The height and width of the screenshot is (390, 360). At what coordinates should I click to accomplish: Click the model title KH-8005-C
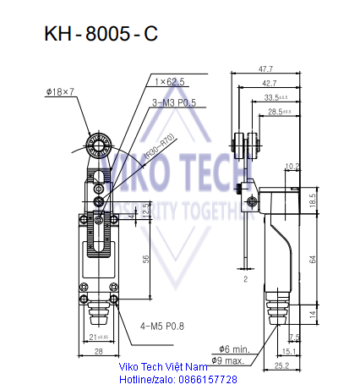[100, 36]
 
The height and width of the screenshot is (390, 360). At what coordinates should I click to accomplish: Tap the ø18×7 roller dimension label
[61, 91]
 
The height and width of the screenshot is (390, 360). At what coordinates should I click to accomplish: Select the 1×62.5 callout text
[170, 81]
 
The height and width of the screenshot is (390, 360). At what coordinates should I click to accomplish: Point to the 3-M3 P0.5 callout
[174, 102]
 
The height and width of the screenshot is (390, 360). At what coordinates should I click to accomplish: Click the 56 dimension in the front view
[146, 260]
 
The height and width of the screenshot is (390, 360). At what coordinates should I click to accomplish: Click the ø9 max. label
[231, 360]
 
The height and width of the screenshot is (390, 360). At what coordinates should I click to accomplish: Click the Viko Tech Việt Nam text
[163, 368]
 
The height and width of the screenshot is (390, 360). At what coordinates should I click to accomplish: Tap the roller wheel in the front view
[95, 147]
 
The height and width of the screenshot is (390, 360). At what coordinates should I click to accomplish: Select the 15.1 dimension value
[288, 351]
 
